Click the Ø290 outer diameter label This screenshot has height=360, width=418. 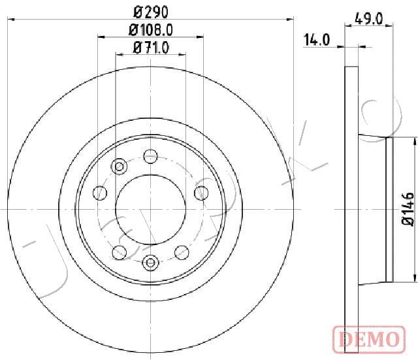[x=151, y=12]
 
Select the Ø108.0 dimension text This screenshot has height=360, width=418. [x=151, y=30]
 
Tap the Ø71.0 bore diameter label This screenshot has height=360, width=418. [x=151, y=48]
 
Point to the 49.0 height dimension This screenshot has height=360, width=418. [x=368, y=19]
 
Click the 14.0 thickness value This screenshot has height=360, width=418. [x=317, y=40]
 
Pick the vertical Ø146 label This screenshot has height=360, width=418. [x=408, y=209]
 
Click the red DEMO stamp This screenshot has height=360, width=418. [x=369, y=339]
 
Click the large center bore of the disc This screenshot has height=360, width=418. [x=151, y=209]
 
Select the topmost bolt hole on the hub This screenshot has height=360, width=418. [x=151, y=156]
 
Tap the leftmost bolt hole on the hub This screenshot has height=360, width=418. [x=100, y=193]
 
